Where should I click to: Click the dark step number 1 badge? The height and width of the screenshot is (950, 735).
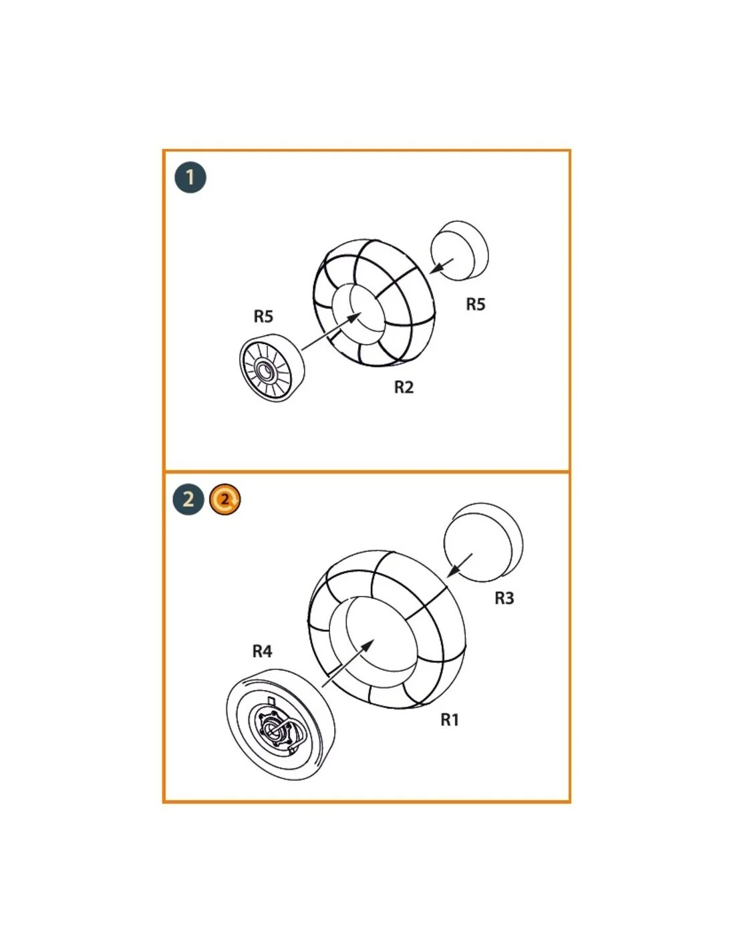190,178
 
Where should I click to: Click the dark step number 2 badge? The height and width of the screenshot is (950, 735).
188,499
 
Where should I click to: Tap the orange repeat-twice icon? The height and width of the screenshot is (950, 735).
225,499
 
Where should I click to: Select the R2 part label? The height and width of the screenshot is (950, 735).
403,387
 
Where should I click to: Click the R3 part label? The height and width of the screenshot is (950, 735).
504,598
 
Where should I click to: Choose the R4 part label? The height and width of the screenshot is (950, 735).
263,651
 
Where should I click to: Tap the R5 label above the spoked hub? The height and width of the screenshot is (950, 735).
263,316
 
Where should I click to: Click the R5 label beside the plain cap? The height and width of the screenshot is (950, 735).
475,304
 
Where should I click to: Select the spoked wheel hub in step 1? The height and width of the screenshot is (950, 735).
272,368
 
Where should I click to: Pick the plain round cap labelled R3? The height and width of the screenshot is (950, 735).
483,542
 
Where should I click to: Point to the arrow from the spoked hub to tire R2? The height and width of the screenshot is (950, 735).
332,331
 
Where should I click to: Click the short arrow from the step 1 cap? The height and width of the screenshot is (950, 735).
442,266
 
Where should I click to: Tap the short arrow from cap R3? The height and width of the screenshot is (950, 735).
460,565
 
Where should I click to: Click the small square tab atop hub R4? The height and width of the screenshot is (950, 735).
272,700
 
